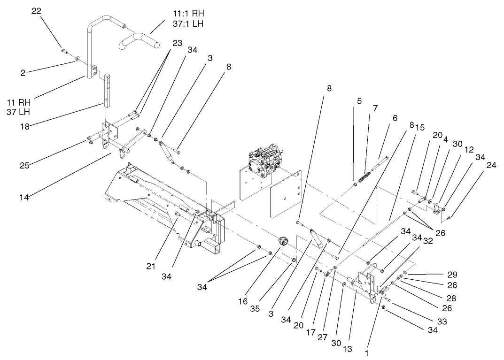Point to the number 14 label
point(24,198)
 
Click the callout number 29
point(452,274)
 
